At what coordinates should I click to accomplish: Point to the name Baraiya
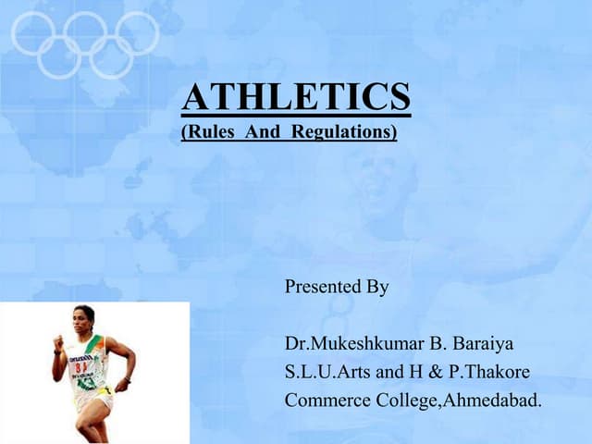coord(481,345)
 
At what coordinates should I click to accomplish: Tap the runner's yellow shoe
coord(105,391)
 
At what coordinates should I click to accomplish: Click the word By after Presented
coord(376,287)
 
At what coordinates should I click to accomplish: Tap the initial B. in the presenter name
coord(438,345)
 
